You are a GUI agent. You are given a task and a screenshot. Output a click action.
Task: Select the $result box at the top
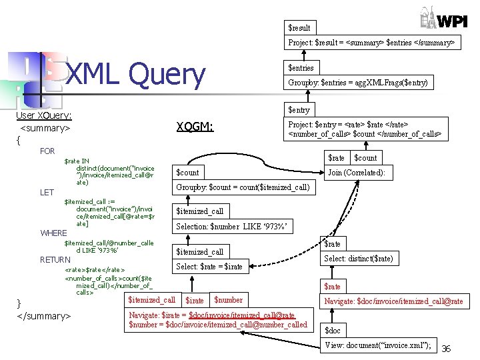pos(299,27)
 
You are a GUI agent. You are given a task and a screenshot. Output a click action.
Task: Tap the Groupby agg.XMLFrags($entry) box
pos(357,83)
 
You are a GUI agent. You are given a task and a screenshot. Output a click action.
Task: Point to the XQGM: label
pos(195,126)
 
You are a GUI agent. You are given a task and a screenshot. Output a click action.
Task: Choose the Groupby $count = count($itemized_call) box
pos(242,187)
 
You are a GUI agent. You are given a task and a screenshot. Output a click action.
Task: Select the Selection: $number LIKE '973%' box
pos(231,227)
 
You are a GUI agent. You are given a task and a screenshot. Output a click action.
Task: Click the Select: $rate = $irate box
pos(209,267)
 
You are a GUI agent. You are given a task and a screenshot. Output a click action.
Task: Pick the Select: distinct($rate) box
pos(359,259)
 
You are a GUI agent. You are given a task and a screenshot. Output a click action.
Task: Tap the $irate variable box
pos(195,301)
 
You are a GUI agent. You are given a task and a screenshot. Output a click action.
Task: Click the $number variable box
pos(229,300)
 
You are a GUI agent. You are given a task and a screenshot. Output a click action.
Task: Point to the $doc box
pos(332,331)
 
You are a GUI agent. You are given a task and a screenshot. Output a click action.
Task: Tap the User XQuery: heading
pos(43,115)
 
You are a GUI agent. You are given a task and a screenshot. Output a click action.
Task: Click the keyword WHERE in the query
pos(53,233)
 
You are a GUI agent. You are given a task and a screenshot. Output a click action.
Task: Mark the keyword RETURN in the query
pos(55,259)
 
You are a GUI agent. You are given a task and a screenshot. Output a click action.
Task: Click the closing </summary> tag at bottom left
pos(43,315)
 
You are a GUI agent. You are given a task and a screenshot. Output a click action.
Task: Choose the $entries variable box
pos(301,67)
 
